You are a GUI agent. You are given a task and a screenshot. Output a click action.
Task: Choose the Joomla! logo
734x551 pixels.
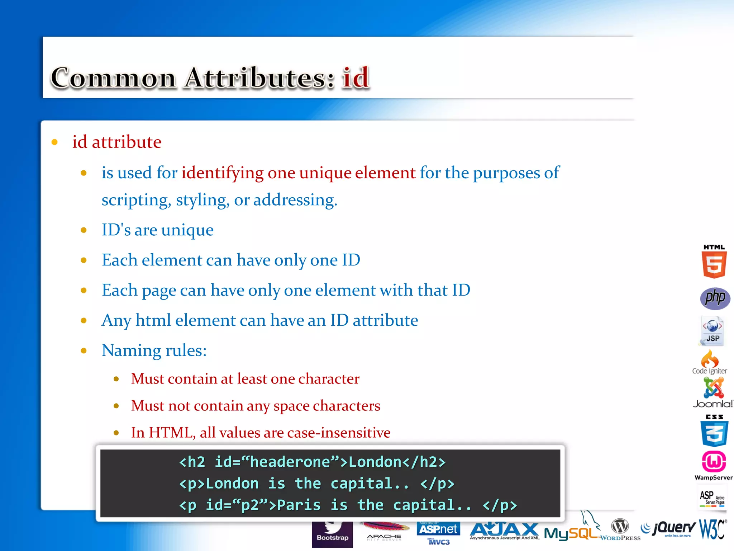(713, 393)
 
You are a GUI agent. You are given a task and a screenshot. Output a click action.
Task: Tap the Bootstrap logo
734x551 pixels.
(332, 534)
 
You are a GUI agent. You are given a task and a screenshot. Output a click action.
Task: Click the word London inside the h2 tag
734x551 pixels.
(375, 462)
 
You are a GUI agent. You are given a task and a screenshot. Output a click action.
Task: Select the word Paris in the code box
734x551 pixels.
(299, 505)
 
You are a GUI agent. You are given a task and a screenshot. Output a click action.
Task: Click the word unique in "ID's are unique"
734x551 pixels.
(187, 230)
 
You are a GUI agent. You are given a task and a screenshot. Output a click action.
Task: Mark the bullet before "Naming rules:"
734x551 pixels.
(84, 350)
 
